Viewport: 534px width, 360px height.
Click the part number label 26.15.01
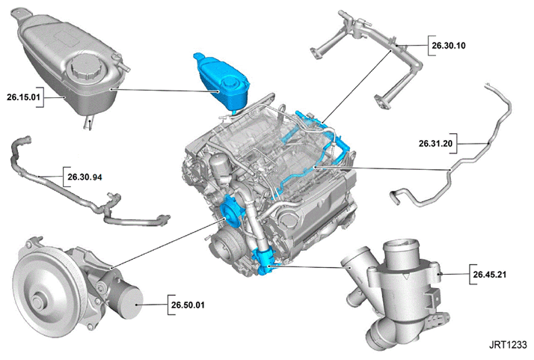[x=23, y=97]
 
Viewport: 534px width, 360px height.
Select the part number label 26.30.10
[x=449, y=46]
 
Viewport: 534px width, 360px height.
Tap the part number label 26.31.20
[x=435, y=144]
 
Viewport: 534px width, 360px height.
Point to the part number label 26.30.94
[x=85, y=177]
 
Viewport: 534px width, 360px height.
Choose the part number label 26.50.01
[x=188, y=305]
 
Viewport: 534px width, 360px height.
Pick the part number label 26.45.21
[x=490, y=274]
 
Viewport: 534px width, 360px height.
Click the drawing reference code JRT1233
[x=508, y=345]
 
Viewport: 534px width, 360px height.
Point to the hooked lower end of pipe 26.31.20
[x=396, y=197]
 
